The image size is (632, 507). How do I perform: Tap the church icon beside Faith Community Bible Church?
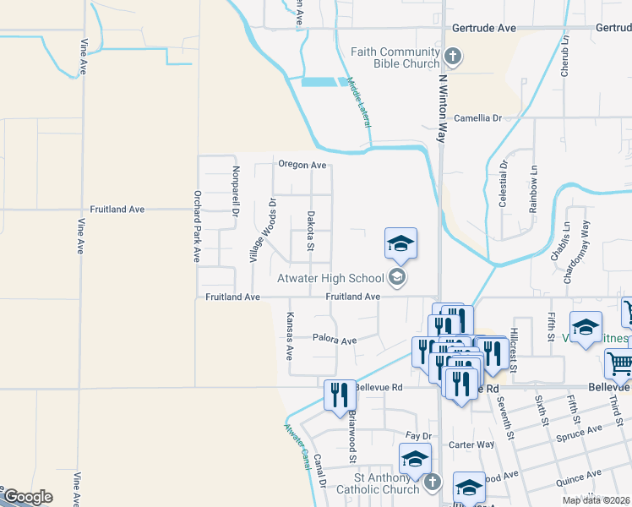click(453, 57)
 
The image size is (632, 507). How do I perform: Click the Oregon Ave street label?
click(302, 165)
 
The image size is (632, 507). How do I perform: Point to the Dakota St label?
click(311, 230)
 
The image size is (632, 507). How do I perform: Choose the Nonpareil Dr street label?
click(234, 194)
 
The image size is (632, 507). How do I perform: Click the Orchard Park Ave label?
click(196, 226)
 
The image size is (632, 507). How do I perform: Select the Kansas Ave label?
click(290, 336)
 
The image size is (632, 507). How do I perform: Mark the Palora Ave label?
click(335, 341)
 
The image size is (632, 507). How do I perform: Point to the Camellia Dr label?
click(478, 118)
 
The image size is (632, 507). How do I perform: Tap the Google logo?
click(27, 497)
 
